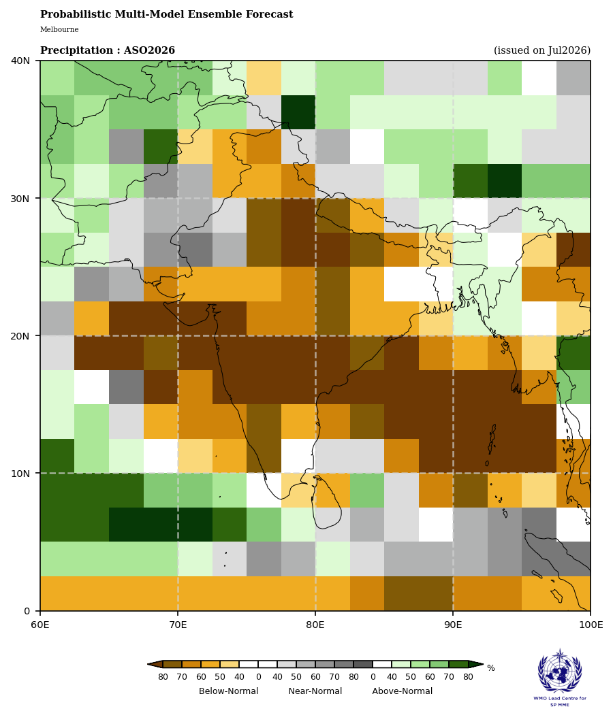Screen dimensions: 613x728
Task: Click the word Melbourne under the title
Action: [x=59, y=30]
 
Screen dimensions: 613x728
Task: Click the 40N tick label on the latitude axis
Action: [x=20, y=61]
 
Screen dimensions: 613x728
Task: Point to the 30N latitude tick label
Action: [x=20, y=198]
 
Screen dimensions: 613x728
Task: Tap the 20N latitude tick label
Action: [x=20, y=335]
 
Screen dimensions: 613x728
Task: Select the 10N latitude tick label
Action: [x=20, y=473]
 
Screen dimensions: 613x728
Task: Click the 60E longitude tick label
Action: [x=40, y=625]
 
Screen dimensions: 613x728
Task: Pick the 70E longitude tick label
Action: [x=178, y=625]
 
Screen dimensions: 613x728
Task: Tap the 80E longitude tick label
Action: [x=315, y=625]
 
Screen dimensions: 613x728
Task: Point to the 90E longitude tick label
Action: [x=453, y=625]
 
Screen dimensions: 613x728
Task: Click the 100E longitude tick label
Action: [x=591, y=625]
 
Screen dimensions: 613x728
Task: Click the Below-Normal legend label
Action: [x=229, y=691]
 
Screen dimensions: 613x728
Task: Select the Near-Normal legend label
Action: [x=315, y=691]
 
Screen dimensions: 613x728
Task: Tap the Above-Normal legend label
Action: [x=403, y=691]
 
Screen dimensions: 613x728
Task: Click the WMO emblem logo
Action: [x=560, y=671]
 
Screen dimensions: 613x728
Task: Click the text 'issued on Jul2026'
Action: [x=542, y=50]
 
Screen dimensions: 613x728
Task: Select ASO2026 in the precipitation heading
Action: [x=149, y=50]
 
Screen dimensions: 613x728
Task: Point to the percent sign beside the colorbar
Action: [x=491, y=668]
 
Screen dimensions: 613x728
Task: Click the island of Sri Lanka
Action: [x=328, y=502]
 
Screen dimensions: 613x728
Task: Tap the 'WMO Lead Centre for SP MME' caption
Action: [x=560, y=701]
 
